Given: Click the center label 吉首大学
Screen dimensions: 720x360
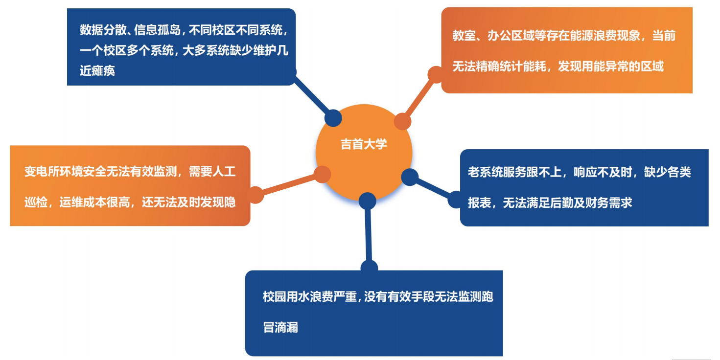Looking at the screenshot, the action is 364,144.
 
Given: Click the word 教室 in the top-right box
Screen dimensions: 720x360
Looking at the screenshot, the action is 463,36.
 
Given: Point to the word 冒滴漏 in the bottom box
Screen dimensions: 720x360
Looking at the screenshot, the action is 281,327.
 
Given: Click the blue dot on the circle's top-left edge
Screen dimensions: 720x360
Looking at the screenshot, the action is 333,117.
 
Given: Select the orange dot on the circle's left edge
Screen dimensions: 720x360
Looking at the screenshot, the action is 322,174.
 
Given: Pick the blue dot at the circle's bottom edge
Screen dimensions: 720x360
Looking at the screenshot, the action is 367,201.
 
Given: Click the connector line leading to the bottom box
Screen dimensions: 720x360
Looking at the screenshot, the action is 368,235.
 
